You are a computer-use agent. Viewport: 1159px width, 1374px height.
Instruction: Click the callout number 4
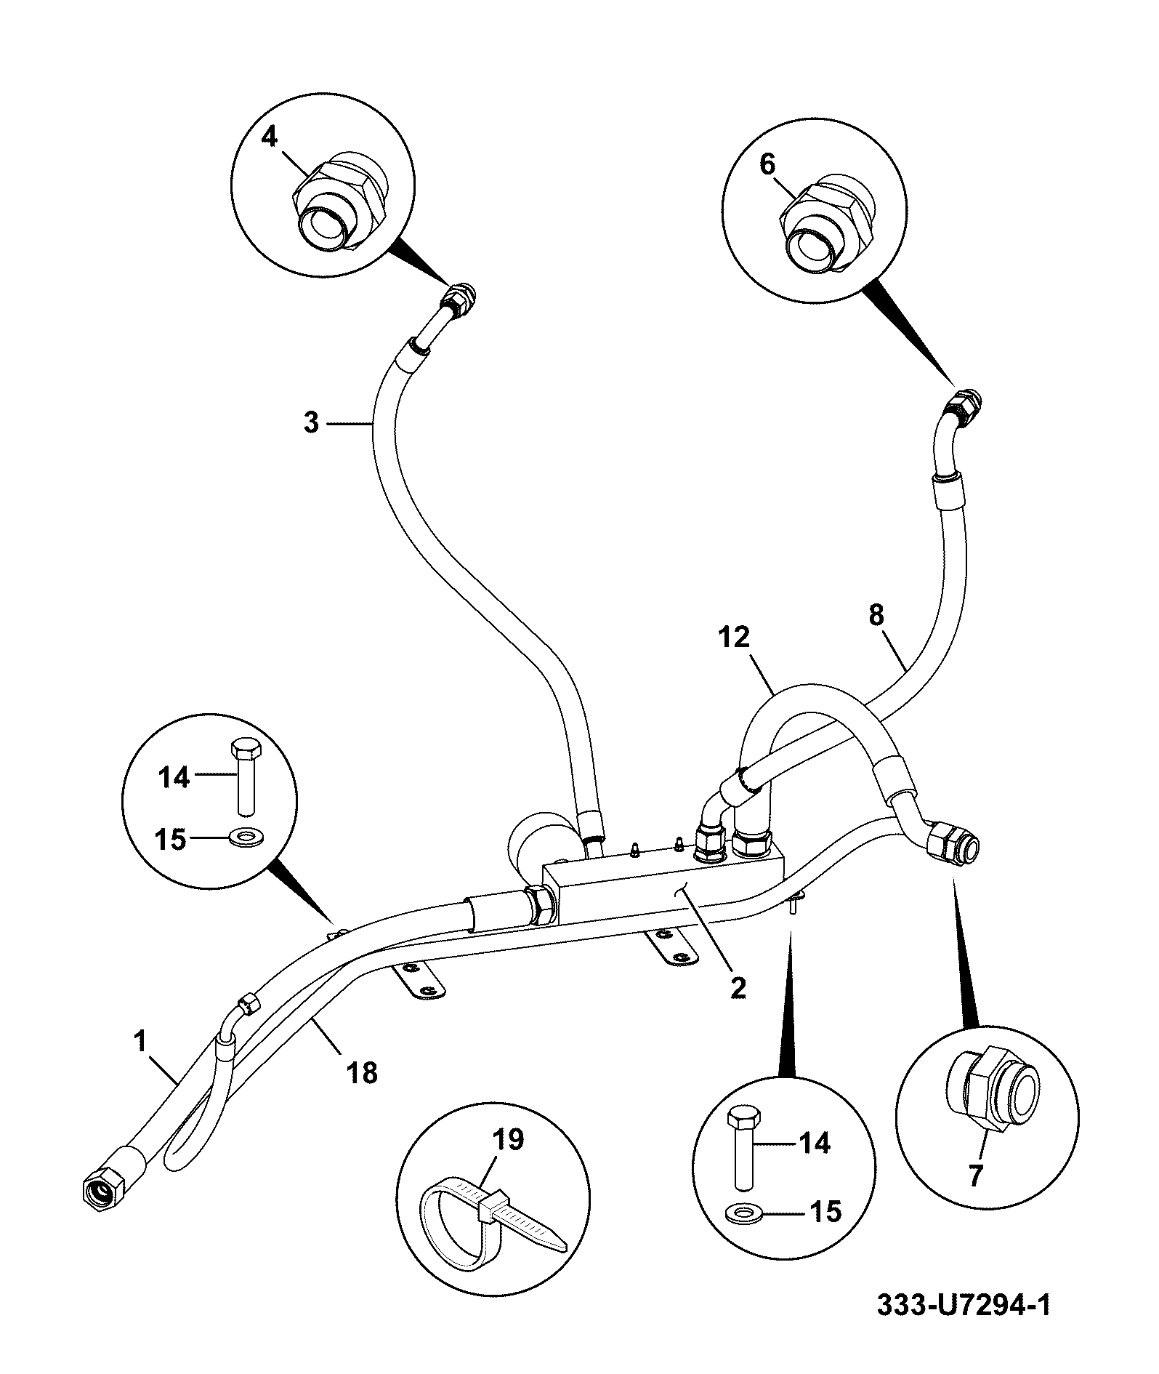coord(270,136)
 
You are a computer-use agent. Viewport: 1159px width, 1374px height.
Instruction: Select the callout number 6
coord(768,164)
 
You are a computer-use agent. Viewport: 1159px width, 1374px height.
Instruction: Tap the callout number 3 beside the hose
coord(312,422)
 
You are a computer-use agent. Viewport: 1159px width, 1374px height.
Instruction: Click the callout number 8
coord(876,615)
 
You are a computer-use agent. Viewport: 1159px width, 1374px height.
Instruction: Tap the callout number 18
coord(363,1072)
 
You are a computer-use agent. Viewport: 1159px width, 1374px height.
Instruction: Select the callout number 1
coord(140,1041)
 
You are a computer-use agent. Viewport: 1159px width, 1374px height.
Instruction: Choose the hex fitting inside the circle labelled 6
coord(826,226)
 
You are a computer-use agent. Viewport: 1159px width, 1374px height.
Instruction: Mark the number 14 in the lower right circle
coord(814,1144)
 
